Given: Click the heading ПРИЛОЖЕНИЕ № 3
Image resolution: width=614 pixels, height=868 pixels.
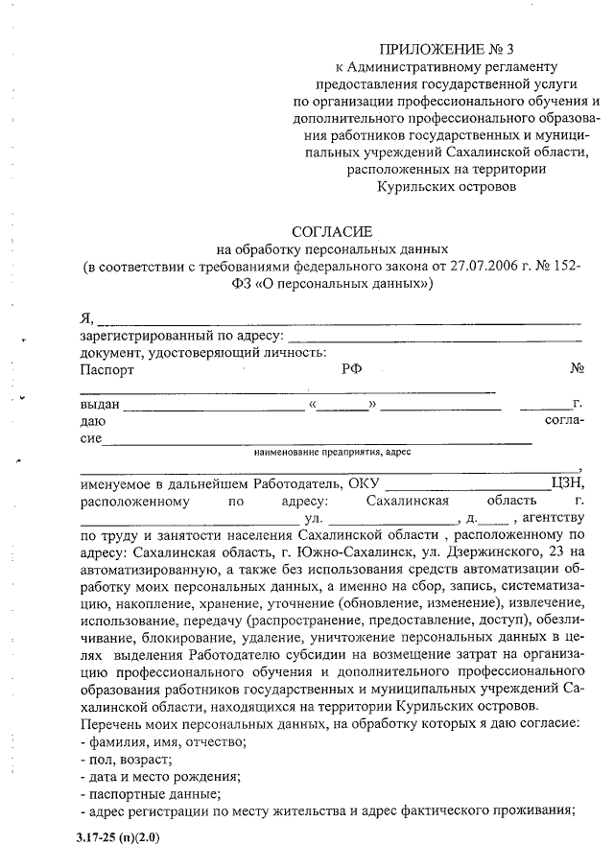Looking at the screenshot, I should coord(446,48).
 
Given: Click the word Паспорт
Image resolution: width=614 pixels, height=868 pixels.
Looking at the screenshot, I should coord(107,369).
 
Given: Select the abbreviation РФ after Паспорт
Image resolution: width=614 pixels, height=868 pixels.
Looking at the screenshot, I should coord(351,369).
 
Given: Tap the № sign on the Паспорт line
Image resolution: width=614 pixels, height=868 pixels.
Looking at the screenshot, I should coord(577,369).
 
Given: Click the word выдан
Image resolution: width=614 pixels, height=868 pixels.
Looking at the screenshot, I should coord(100,405).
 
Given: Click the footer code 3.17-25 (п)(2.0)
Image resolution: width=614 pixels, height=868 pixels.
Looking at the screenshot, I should coord(118,837).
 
